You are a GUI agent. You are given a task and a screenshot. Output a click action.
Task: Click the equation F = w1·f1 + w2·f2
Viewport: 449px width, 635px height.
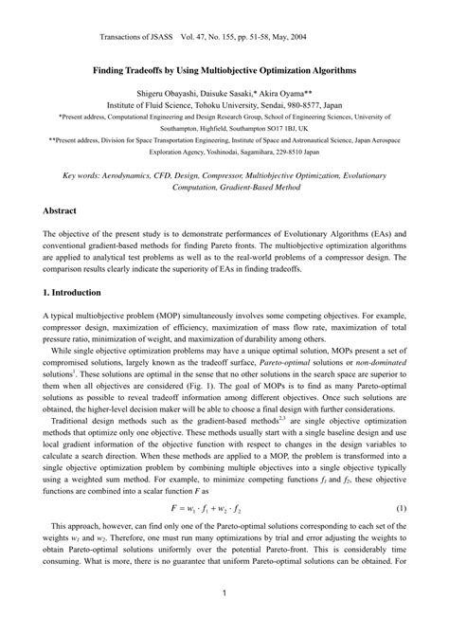pyautogui.click(x=224, y=510)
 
